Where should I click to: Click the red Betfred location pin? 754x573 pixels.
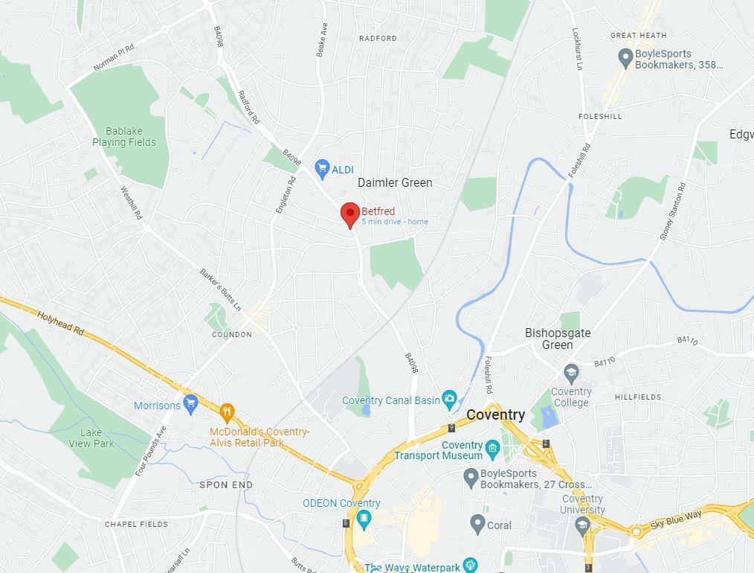(x=350, y=214)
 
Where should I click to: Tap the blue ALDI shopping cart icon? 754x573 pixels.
(x=322, y=169)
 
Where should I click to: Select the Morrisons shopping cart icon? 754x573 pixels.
(x=190, y=404)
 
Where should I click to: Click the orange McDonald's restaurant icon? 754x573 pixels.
(x=228, y=412)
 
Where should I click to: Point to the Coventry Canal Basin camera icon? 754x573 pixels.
(x=449, y=400)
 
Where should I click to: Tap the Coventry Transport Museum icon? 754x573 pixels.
(x=492, y=448)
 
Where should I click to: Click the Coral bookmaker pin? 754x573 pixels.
(x=478, y=524)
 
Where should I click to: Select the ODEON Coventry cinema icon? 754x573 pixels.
(x=364, y=519)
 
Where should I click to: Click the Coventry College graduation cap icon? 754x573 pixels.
(x=571, y=374)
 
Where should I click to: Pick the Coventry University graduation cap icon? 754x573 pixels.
(x=582, y=525)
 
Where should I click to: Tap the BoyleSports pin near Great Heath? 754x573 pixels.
(x=625, y=56)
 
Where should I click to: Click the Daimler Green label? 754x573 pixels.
(x=395, y=182)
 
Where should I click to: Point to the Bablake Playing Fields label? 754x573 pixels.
(x=124, y=137)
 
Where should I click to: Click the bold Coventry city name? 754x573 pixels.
(x=495, y=414)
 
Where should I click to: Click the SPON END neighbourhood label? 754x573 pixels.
(x=226, y=484)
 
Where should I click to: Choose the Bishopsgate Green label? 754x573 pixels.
(x=558, y=339)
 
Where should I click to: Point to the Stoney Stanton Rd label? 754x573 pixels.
(x=672, y=211)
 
